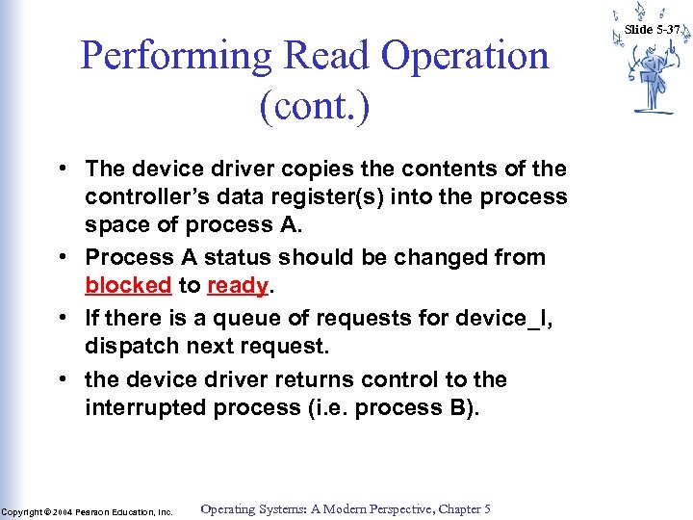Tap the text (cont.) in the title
pyautogui.click(x=314, y=106)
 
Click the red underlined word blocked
pyautogui.click(x=128, y=286)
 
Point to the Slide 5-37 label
pyautogui.click(x=653, y=29)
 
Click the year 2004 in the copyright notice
pyautogui.click(x=63, y=511)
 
